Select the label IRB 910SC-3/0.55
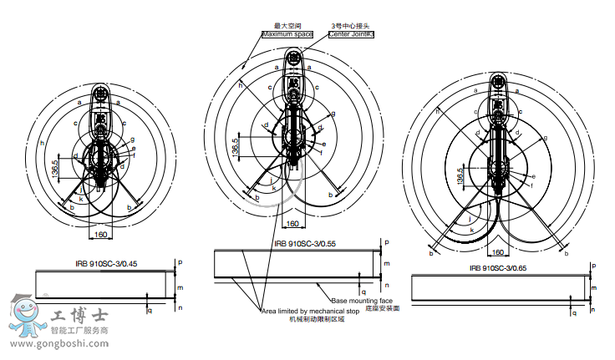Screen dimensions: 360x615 (304, 244)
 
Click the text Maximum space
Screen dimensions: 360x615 (287, 35)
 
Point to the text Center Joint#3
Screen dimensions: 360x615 (351, 35)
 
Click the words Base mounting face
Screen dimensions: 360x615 (362, 300)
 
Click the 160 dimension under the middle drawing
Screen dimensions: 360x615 (293, 224)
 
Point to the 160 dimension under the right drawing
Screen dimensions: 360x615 (496, 251)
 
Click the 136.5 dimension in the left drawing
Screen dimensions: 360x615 (54, 168)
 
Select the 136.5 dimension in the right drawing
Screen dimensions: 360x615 (460, 178)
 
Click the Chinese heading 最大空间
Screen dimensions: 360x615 (286, 26)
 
